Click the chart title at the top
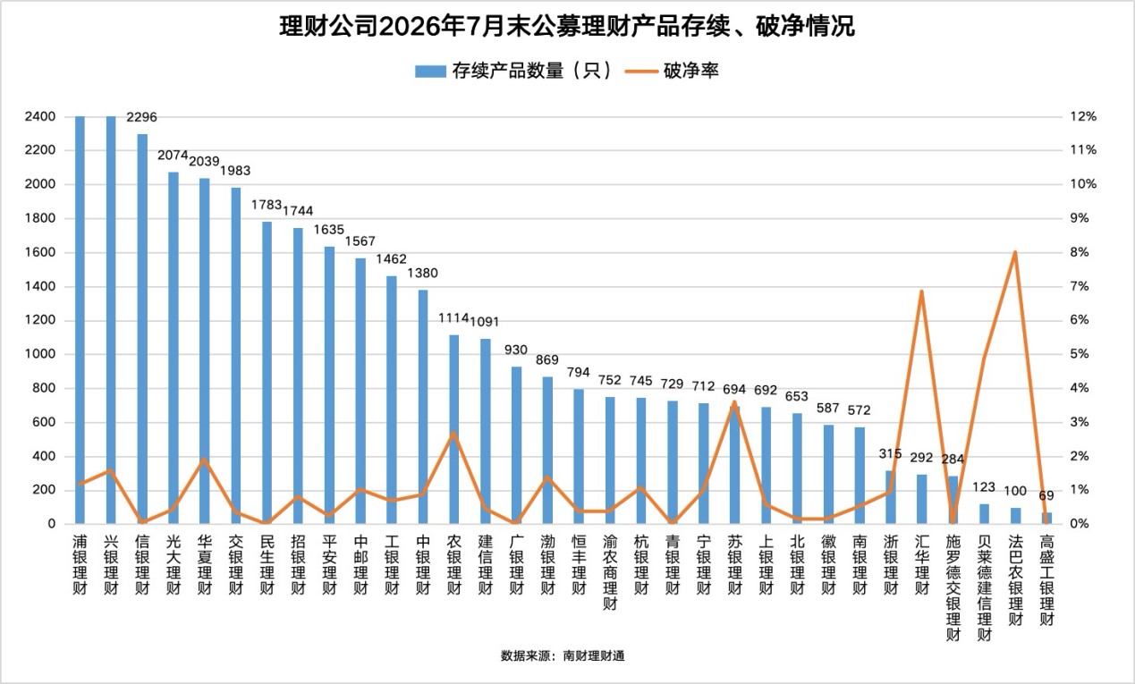[567, 26]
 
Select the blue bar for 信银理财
[142, 329]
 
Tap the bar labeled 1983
[235, 356]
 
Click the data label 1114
[453, 317]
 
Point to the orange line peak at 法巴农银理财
[1015, 252]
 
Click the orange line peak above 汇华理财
[921, 291]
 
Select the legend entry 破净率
[672, 71]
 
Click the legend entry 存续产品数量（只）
[513, 71]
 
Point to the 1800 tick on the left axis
[40, 218]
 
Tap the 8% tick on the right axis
[1080, 252]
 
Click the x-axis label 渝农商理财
[610, 572]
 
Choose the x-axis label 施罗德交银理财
[953, 587]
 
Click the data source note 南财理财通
[594, 656]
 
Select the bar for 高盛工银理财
[1046, 518]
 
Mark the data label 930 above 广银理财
[516, 350]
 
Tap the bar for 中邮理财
[360, 391]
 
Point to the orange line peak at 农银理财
[453, 433]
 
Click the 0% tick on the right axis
[1080, 524]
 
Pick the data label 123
[984, 487]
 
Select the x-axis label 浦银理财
[80, 565]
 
